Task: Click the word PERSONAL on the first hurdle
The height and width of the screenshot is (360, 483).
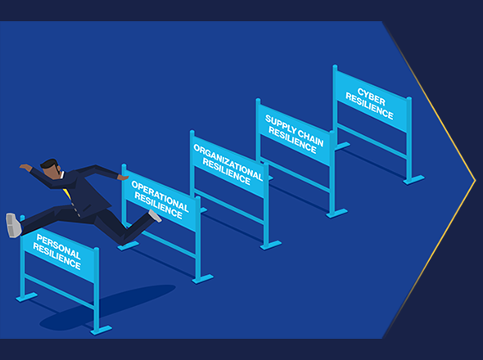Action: [x=58, y=246]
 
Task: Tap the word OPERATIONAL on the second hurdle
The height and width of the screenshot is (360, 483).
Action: [x=160, y=196]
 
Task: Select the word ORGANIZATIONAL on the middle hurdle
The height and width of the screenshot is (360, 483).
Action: [x=228, y=162]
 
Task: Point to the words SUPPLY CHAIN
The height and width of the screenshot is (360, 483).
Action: [x=295, y=131]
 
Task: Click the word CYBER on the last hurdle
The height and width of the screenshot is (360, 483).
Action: [x=372, y=97]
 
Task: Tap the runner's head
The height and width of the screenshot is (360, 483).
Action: [x=51, y=168]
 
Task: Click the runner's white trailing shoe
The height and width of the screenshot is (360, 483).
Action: [x=14, y=225]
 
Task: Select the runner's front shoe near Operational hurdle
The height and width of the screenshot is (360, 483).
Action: [x=155, y=215]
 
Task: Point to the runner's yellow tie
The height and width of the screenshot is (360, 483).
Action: [x=67, y=194]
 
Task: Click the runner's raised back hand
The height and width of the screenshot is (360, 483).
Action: [x=25, y=167]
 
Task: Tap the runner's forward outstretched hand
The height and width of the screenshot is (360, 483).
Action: [x=124, y=178]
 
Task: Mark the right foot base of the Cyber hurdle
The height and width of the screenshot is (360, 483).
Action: [x=413, y=180]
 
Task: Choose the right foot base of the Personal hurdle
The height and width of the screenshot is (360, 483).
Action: [x=101, y=331]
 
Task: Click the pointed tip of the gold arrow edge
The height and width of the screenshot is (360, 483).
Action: [x=476, y=180]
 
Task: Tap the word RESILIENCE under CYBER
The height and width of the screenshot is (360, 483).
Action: [x=369, y=106]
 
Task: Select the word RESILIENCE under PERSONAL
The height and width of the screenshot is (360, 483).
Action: [x=57, y=256]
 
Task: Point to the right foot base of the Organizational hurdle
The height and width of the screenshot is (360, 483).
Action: [x=271, y=245]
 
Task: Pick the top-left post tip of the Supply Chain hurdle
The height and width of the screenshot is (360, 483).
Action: [x=258, y=101]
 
